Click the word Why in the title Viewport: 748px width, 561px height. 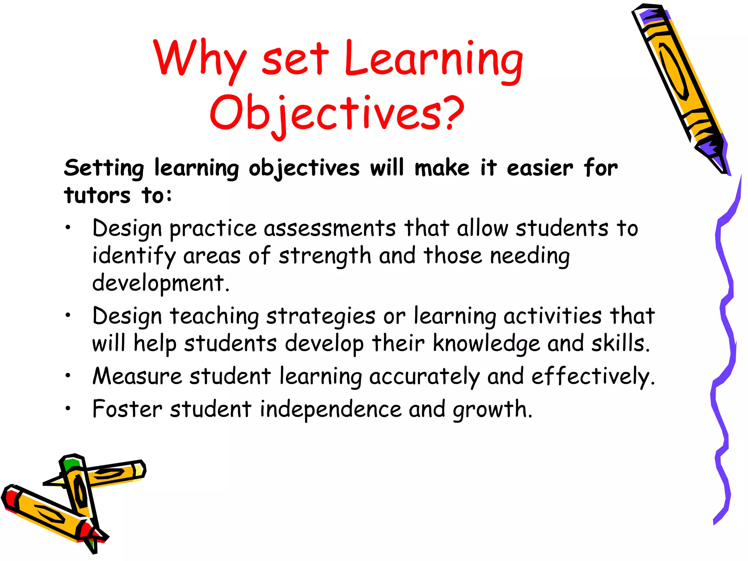pos(199,60)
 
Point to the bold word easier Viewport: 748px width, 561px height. pos(540,169)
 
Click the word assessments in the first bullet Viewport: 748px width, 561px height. pos(330,229)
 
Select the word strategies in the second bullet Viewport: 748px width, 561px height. pos(321,317)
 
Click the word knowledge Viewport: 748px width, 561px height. pos(486,344)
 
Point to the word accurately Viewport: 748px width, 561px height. pos(424,377)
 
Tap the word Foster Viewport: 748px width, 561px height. pos(127,409)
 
